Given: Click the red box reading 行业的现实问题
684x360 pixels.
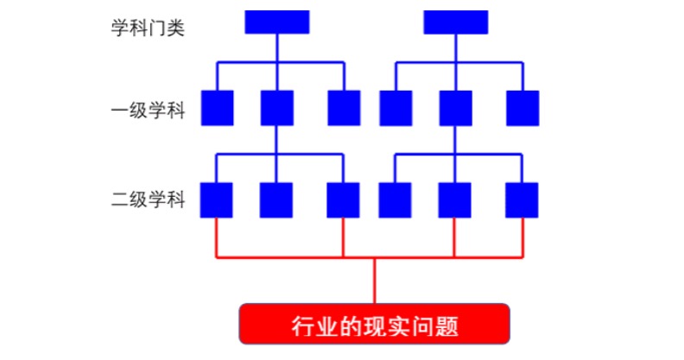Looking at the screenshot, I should click(x=373, y=326).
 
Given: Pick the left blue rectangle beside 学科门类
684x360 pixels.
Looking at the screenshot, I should click(x=276, y=22).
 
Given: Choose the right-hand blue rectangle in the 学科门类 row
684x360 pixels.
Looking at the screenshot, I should click(x=455, y=22).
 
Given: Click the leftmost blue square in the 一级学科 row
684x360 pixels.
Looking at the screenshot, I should click(x=216, y=108).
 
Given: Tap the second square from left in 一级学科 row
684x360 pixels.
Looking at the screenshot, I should click(x=276, y=108).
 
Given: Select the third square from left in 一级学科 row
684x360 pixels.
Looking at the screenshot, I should click(x=343, y=108).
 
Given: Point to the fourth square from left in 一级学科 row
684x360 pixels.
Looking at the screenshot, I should click(x=396, y=108).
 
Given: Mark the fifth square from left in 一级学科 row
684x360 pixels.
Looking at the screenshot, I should click(x=455, y=108).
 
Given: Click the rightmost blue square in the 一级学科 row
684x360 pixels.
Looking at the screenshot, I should click(x=522, y=108).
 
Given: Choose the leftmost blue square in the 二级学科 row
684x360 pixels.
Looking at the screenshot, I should click(x=216, y=199).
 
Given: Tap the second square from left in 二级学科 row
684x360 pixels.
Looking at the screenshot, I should click(x=276, y=199).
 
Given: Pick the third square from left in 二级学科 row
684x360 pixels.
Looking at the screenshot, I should click(x=343, y=199).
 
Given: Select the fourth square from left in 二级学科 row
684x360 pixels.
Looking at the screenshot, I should click(x=396, y=199).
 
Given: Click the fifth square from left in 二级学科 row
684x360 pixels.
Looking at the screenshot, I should click(x=455, y=199).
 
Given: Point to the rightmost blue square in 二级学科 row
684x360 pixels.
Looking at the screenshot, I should click(x=522, y=199).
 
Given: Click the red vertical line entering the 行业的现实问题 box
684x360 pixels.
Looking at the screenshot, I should click(x=374, y=280).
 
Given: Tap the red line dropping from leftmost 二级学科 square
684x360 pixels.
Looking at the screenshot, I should click(x=216, y=237).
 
